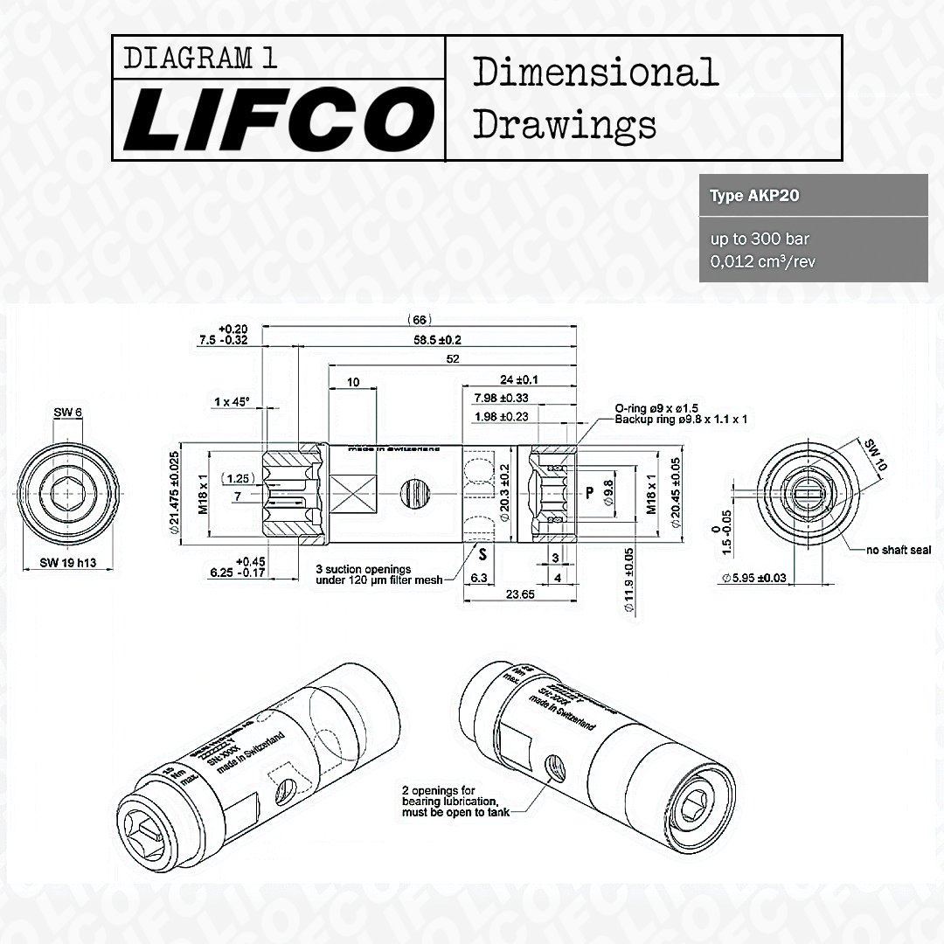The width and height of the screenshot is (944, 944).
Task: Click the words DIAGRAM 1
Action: pyautogui.click(x=201, y=58)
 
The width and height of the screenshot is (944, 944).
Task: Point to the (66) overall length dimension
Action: pyautogui.click(x=420, y=320)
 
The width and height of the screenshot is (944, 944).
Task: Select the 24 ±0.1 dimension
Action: pyautogui.click(x=518, y=379)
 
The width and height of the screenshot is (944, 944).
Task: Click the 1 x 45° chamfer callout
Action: pyautogui.click(x=232, y=401)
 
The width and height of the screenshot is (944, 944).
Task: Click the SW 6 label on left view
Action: pyautogui.click(x=66, y=413)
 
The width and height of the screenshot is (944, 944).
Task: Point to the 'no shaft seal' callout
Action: pyautogui.click(x=899, y=550)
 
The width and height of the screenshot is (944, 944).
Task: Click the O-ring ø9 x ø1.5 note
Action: pyautogui.click(x=656, y=408)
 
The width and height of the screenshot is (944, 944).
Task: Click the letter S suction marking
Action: pyautogui.click(x=482, y=553)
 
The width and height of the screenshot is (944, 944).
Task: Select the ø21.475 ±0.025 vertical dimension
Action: pyautogui.click(x=174, y=493)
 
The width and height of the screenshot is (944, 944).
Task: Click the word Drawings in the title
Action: pyautogui.click(x=565, y=124)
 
